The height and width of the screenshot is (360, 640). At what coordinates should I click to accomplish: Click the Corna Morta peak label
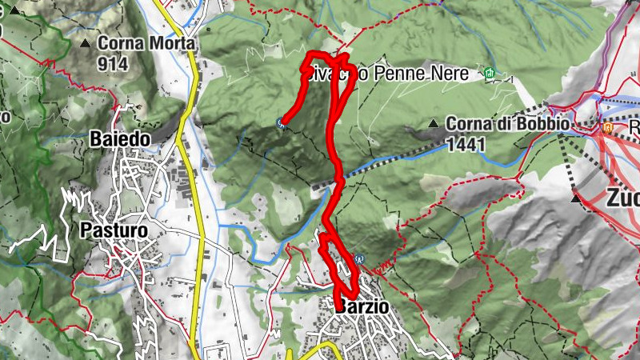[145, 44]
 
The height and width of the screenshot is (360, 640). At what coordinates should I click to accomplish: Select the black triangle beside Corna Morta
[86, 42]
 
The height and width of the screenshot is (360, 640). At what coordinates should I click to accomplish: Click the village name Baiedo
[121, 139]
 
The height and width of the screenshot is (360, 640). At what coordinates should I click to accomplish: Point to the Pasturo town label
[114, 230]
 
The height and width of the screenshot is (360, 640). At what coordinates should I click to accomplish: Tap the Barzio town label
[362, 307]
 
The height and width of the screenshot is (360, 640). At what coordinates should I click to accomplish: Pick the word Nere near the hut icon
[455, 74]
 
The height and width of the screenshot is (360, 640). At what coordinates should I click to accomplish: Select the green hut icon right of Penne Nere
[490, 74]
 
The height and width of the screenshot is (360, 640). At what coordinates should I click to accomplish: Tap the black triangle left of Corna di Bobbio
[434, 124]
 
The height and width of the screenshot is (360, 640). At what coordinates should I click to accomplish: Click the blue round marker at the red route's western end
[280, 122]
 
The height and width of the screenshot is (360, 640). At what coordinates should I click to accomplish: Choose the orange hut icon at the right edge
[608, 126]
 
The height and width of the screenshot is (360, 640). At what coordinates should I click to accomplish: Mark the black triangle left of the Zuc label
[577, 196]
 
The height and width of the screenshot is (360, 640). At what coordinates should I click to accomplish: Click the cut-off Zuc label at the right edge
[623, 196]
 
